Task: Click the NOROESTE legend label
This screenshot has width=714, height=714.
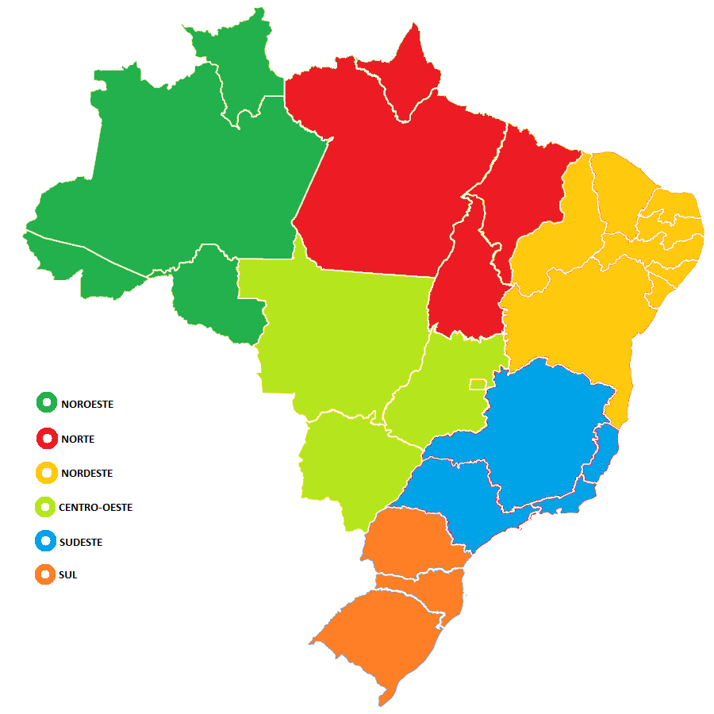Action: [87, 404]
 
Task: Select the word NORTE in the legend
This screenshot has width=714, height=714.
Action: [78, 439]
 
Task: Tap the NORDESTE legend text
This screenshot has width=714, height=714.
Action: [86, 474]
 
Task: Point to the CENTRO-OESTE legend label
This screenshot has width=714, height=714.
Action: [95, 507]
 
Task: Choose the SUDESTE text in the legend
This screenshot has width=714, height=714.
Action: [80, 543]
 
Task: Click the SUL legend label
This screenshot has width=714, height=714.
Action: [68, 574]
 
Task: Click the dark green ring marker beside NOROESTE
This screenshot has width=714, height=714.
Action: [47, 403]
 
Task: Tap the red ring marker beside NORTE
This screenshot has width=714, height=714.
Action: [47, 438]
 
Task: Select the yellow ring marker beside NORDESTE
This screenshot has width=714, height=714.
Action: [47, 473]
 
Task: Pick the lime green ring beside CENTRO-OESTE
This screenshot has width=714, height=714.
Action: [46, 507]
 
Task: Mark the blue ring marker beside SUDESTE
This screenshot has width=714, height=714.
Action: [46, 542]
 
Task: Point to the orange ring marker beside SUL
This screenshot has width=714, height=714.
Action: [46, 574]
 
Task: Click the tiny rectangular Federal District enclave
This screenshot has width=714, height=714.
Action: [477, 384]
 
